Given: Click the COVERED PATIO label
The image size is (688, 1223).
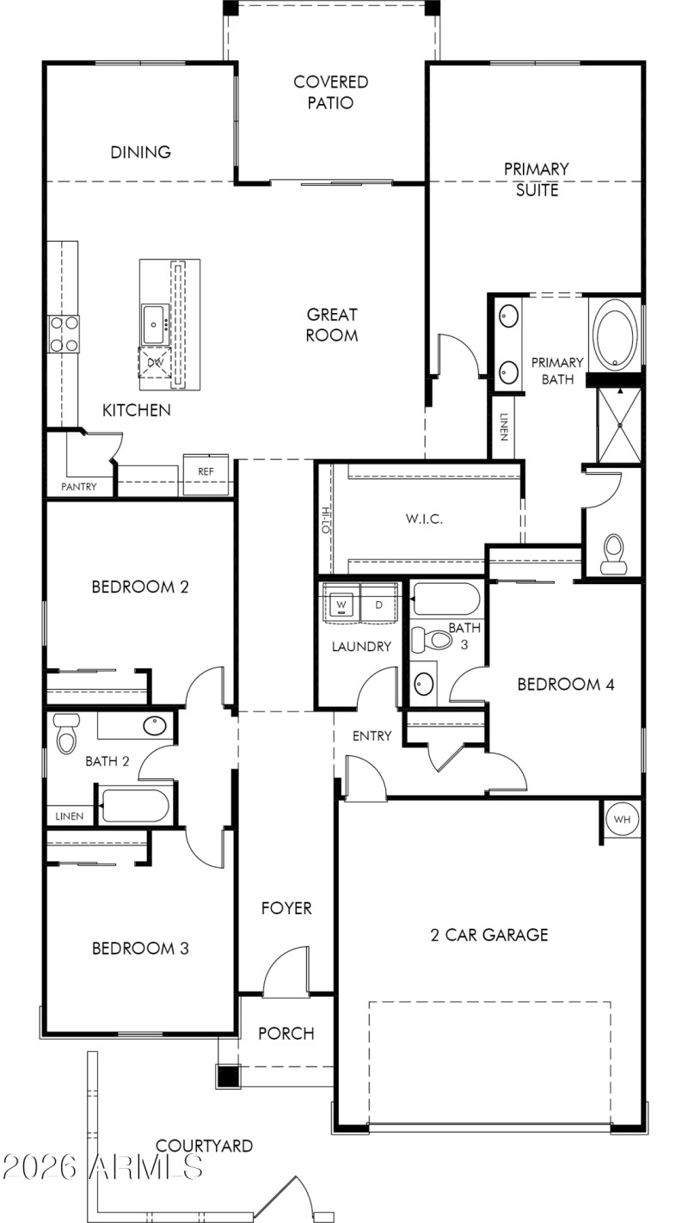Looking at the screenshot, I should tap(330, 92).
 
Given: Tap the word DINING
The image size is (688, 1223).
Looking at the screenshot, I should tap(140, 152).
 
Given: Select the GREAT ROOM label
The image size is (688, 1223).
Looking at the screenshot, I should tap(332, 324).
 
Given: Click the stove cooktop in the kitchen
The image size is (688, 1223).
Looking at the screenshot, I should tap(64, 334).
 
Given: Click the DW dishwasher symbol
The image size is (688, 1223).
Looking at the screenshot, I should tap(156, 363).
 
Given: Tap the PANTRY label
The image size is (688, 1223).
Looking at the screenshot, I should tap(78, 487).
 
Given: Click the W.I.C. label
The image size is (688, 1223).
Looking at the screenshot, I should tap(424, 519).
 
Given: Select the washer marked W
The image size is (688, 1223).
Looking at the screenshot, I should tap(341, 605).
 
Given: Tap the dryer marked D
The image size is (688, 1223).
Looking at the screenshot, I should tap(378, 605).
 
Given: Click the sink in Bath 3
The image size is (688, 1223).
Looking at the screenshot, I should tap(423, 684).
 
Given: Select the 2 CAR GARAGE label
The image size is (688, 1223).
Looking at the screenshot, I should tap(488, 935).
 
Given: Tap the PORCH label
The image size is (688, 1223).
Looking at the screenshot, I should tap(286, 1034).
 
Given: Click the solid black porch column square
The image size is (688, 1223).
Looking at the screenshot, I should tap(227, 1076).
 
